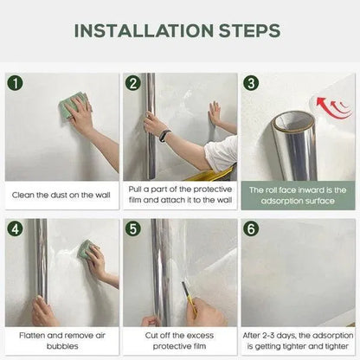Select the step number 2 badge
(132, 84)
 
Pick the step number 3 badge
(251, 84)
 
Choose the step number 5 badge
(132, 229)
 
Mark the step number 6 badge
(251, 229)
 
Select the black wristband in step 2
(164, 136)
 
